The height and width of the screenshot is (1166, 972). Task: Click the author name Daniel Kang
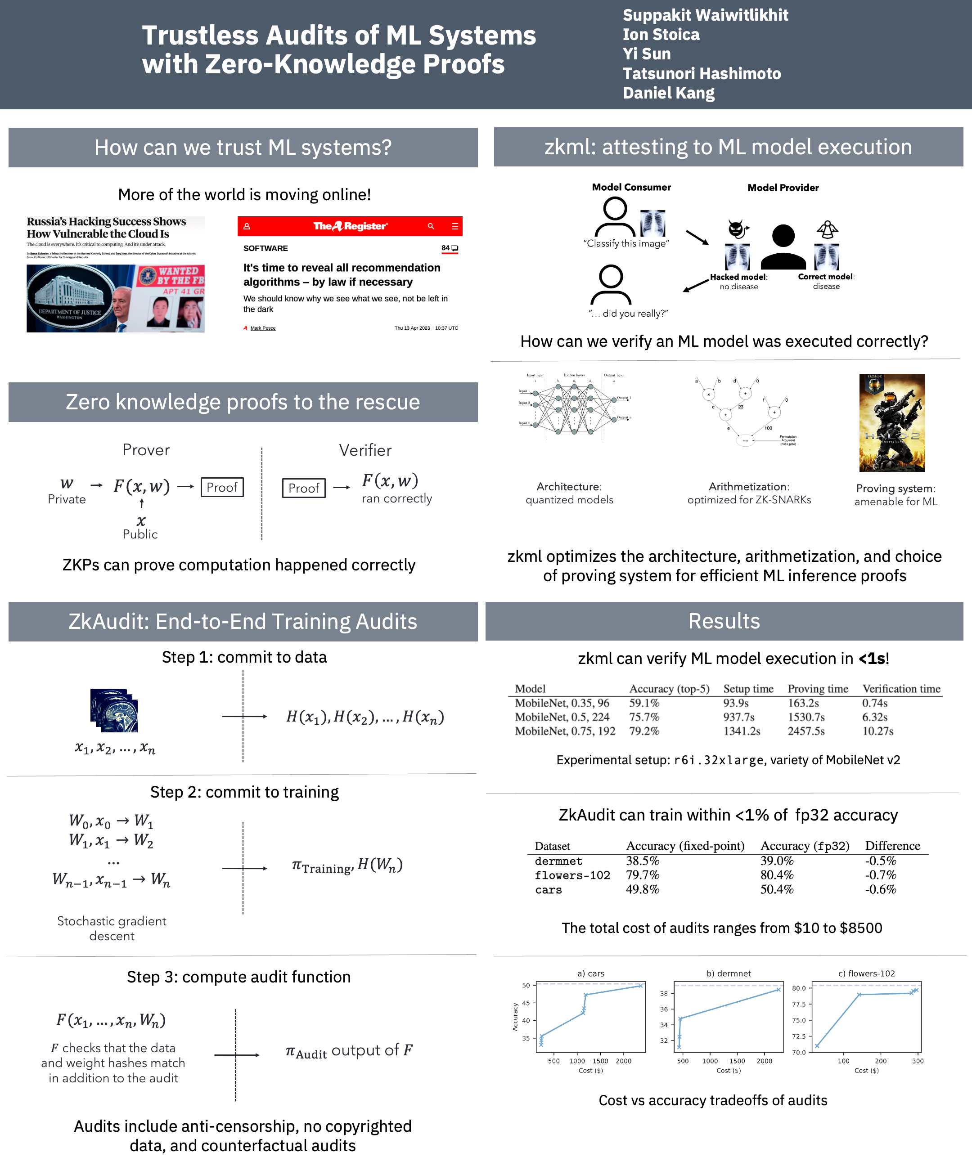click(x=668, y=93)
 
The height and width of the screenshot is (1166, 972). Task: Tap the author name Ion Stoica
click(x=661, y=35)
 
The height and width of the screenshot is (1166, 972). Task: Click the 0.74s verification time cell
click(x=874, y=703)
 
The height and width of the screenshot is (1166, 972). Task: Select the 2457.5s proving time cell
click(x=806, y=731)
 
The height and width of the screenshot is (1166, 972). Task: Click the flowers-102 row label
click(x=572, y=875)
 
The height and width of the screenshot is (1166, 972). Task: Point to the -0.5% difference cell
click(x=880, y=861)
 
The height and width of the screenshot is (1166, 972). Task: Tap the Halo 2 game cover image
click(x=892, y=422)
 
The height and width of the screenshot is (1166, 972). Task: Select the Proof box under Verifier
click(x=303, y=488)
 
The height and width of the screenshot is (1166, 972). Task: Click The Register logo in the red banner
click(x=350, y=226)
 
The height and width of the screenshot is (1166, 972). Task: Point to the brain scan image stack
click(x=114, y=710)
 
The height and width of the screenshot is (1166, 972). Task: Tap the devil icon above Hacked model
click(x=737, y=229)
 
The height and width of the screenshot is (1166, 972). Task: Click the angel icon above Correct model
click(x=827, y=229)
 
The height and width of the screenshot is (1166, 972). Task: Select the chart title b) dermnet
click(x=728, y=973)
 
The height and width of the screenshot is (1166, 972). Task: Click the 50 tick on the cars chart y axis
click(x=526, y=986)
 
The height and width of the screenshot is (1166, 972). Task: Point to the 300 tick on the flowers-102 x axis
click(x=918, y=1061)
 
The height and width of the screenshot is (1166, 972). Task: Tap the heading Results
click(x=724, y=621)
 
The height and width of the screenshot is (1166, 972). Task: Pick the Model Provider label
click(x=783, y=188)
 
